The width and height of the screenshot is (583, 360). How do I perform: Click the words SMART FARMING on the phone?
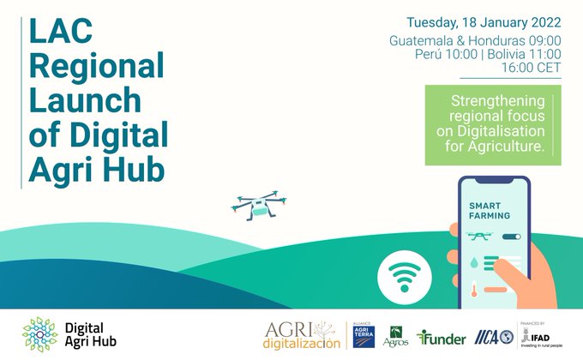[x=490, y=209]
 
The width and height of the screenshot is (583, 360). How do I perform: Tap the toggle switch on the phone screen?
[x=511, y=236]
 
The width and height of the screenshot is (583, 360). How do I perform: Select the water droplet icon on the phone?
[x=473, y=261]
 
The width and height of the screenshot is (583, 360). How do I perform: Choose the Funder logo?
[x=442, y=338]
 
